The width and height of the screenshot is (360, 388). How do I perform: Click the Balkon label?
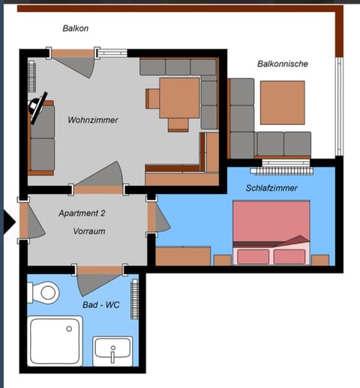(x=76, y=28)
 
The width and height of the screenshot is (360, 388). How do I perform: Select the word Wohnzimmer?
(x=93, y=120)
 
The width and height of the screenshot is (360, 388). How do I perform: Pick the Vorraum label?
(x=89, y=231)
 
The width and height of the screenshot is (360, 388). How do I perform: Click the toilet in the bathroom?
(x=46, y=292)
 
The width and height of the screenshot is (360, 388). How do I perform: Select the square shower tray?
(x=55, y=341)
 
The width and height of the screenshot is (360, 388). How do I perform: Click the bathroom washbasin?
(x=112, y=351)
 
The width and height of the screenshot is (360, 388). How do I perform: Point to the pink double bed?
(x=271, y=232)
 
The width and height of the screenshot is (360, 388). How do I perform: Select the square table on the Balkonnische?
(x=282, y=102)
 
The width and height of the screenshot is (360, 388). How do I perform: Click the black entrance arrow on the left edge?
(x=8, y=222)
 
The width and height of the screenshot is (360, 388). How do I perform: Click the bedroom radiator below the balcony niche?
(x=285, y=162)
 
